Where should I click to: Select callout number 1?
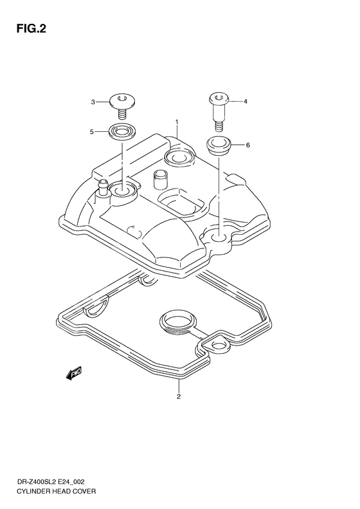[176, 121]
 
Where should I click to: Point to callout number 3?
[93, 102]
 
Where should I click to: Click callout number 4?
[244, 102]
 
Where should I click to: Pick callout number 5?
[93, 132]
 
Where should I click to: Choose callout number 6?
[248, 145]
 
